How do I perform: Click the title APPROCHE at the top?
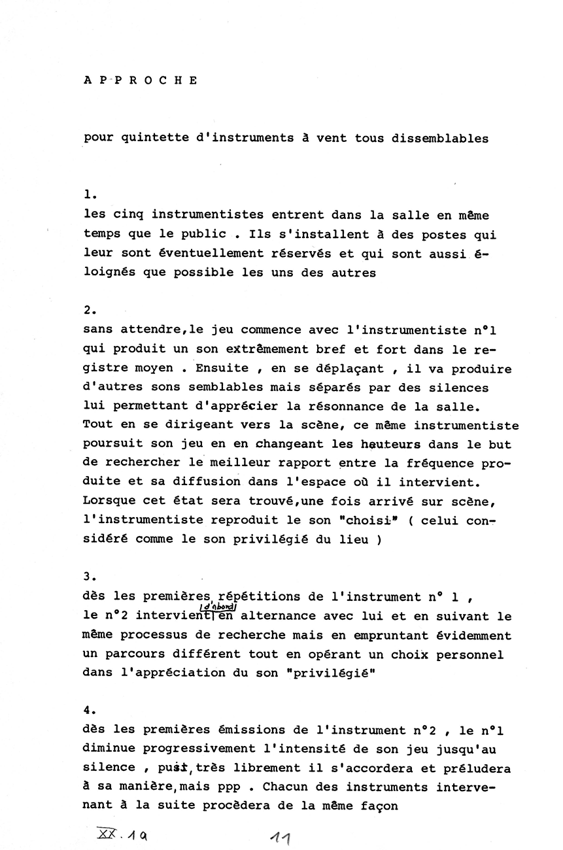coord(141,81)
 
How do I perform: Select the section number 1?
coord(90,194)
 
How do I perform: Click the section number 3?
coord(90,576)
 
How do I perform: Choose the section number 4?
coord(90,710)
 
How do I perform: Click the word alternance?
coord(274,617)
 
